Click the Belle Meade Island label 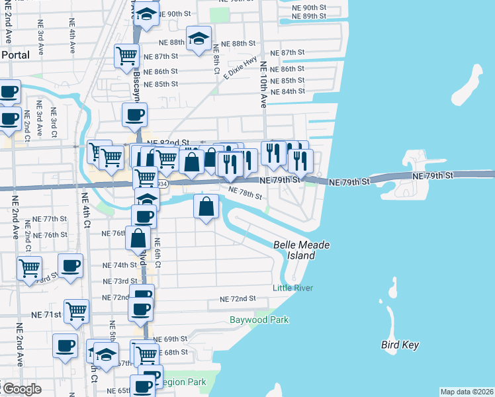click(x=302, y=249)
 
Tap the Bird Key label click(x=400, y=345)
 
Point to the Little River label click(x=292, y=288)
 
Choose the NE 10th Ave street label click(x=263, y=85)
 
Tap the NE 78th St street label click(x=246, y=193)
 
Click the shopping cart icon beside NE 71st click(x=77, y=310)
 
